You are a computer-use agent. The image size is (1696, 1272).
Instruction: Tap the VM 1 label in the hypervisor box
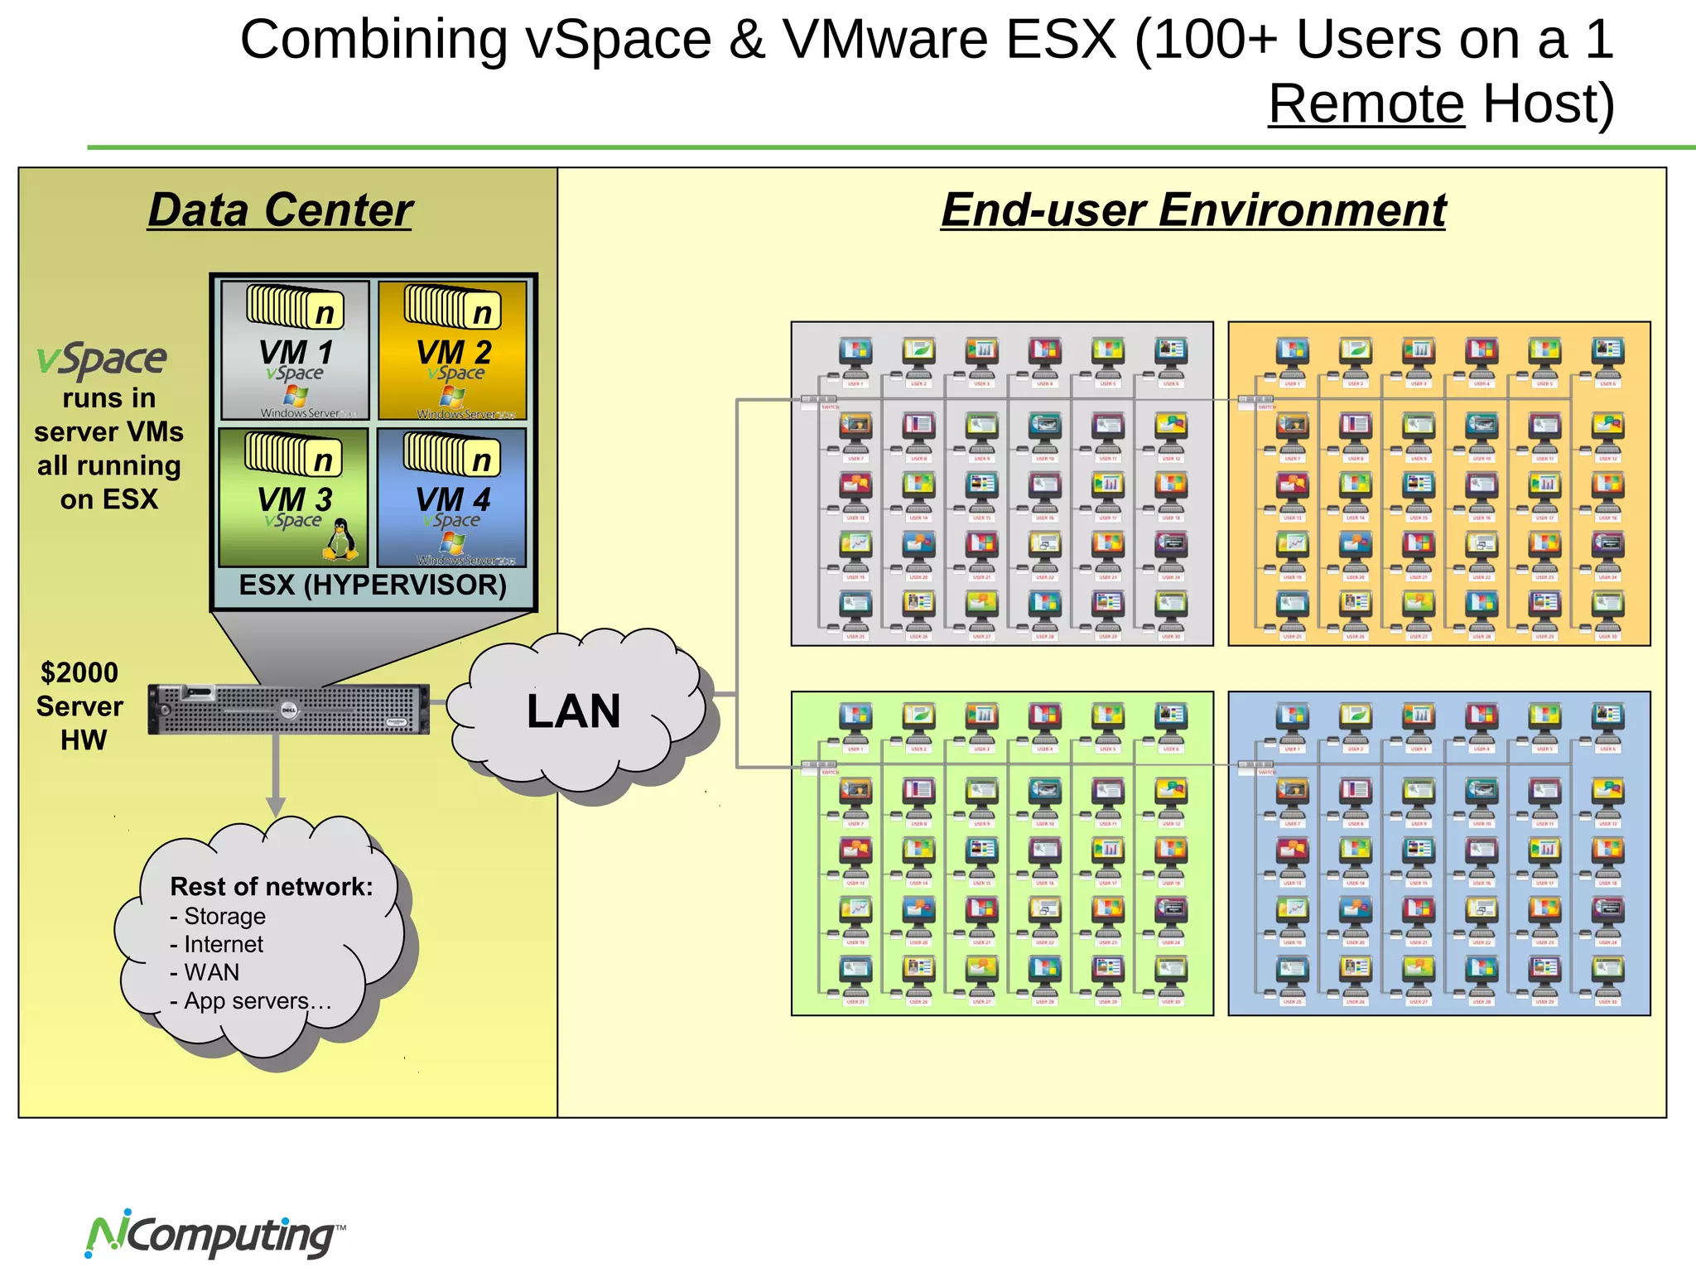(x=296, y=352)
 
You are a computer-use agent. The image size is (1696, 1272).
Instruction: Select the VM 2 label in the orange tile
(x=454, y=352)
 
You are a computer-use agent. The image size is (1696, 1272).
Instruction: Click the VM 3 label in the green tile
(x=295, y=499)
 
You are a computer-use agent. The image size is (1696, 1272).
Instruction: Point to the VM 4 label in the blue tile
(x=453, y=499)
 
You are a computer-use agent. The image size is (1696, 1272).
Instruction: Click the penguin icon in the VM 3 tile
(x=340, y=540)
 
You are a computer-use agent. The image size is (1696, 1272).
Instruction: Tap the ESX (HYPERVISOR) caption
(x=373, y=585)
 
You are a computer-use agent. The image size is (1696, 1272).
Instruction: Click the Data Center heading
(x=280, y=210)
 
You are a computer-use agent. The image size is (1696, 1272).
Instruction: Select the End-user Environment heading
(x=1193, y=210)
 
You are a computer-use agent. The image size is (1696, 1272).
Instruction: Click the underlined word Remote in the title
(x=1366, y=104)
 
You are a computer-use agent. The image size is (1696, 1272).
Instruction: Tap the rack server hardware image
(x=288, y=710)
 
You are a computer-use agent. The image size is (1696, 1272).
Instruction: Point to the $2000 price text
(x=79, y=672)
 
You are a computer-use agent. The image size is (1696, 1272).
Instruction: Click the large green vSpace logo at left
(x=102, y=359)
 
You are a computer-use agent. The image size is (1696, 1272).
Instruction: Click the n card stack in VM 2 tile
(x=452, y=306)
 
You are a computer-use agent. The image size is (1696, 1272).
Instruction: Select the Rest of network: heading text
(x=272, y=887)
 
